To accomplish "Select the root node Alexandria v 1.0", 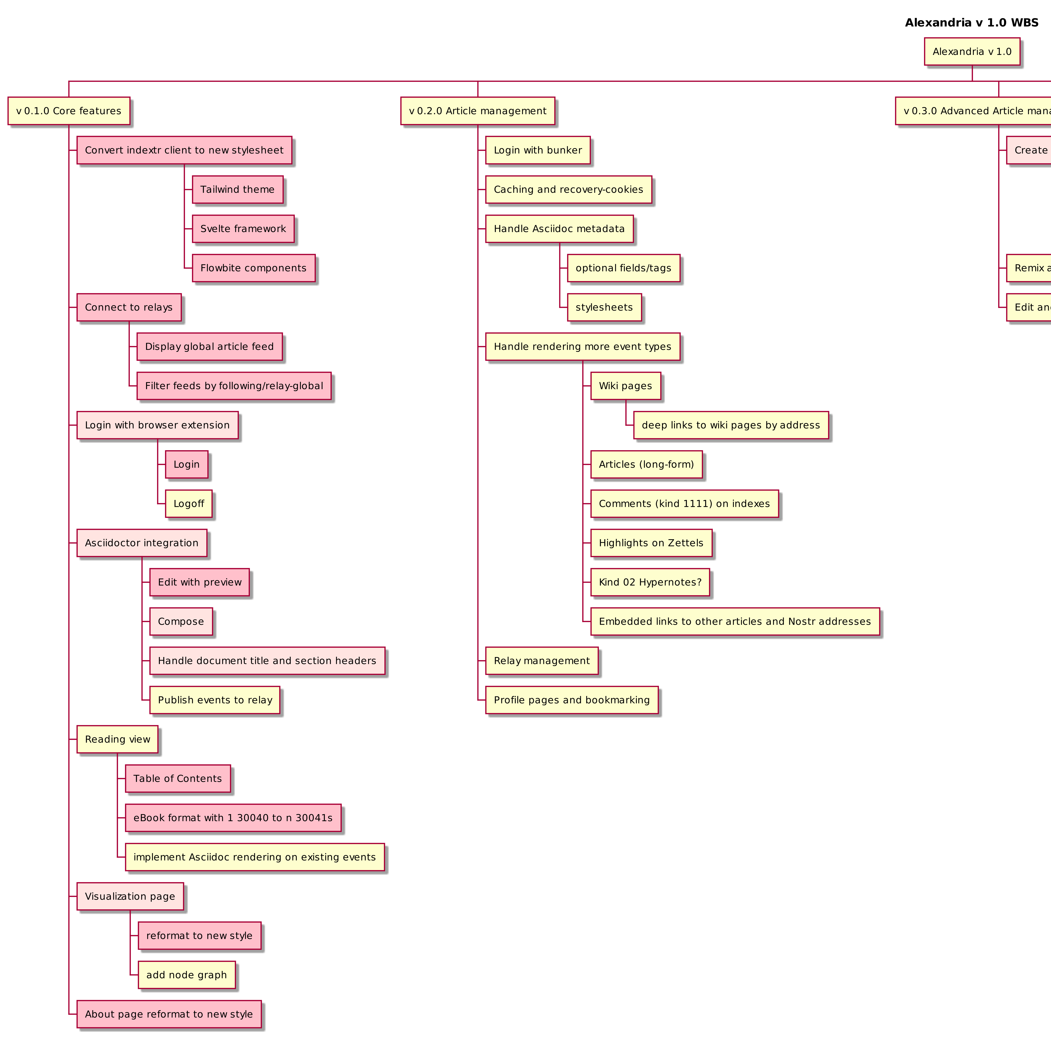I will point(971,52).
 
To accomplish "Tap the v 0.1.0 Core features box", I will point(69,111).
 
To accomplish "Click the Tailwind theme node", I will point(237,189).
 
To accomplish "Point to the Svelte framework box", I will point(243,228).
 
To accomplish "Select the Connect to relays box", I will point(128,307).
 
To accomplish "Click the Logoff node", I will point(188,504).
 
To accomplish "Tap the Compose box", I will point(181,621).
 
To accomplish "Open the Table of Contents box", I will point(177,779).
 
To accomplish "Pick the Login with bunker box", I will point(538,150).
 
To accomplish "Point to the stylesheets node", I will point(604,307).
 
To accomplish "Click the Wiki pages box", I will point(625,386).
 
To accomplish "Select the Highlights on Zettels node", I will point(651,543).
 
